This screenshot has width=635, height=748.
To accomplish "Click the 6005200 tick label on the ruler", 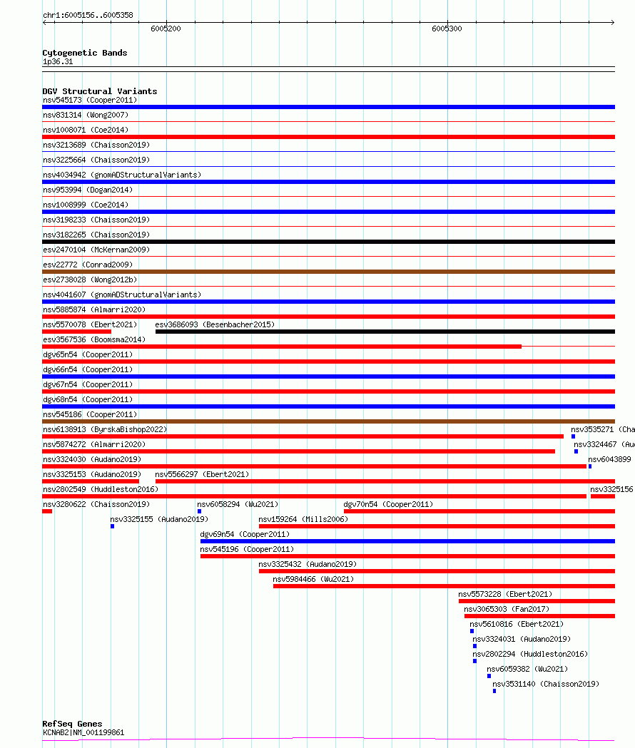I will click(166, 29).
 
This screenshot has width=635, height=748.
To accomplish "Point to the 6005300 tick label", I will click(447, 29).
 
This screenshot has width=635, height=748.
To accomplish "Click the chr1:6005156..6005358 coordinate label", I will click(88, 15).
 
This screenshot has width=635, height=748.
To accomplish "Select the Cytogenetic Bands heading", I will click(85, 53).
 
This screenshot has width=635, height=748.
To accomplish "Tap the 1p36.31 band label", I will click(58, 62).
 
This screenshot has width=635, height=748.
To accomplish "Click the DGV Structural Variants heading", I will click(100, 91).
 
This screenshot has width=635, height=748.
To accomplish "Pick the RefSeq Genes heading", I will click(72, 724).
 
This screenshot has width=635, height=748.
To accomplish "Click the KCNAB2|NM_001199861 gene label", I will click(83, 732).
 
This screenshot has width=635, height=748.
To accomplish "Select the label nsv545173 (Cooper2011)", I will click(90, 101).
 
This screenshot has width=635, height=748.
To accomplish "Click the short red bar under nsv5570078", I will click(76, 332).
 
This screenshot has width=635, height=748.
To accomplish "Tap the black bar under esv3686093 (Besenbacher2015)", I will click(385, 332).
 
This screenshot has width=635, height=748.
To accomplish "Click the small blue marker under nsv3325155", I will click(112, 526).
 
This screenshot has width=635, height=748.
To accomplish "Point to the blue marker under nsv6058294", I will click(199, 511).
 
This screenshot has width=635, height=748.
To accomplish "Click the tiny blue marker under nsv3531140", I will click(494, 691).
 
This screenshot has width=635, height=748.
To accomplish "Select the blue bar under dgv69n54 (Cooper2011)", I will click(407, 541).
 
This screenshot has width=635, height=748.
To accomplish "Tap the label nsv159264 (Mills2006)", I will click(303, 520).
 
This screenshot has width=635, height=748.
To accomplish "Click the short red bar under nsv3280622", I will click(47, 511).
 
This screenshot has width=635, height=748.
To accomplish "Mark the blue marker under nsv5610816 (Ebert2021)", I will click(472, 631).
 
